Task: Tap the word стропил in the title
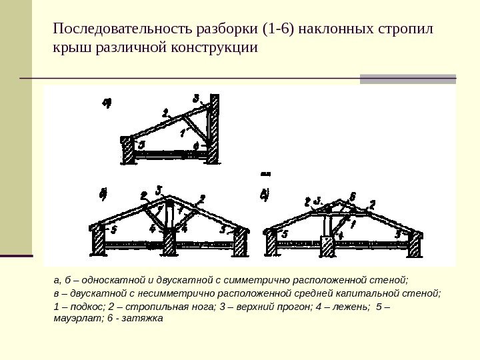pos(406,30)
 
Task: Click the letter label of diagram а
pos(107,103)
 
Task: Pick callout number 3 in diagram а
pos(196,99)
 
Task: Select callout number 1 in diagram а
pos(182,132)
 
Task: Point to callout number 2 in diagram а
pos(165,113)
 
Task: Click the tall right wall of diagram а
pos(213,130)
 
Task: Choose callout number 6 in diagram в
pos(353,196)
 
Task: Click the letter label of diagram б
pos(103,195)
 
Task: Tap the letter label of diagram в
pos(265,195)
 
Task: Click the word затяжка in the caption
pos(144,319)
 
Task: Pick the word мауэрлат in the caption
pos(74,319)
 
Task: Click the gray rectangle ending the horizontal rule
pos(407,79)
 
